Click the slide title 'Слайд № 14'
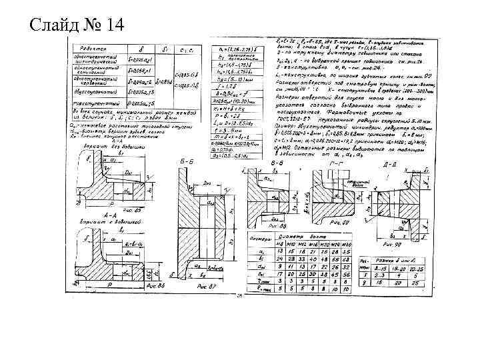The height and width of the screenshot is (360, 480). coord(77,25)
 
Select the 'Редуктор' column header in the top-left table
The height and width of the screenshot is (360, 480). coord(95,49)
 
